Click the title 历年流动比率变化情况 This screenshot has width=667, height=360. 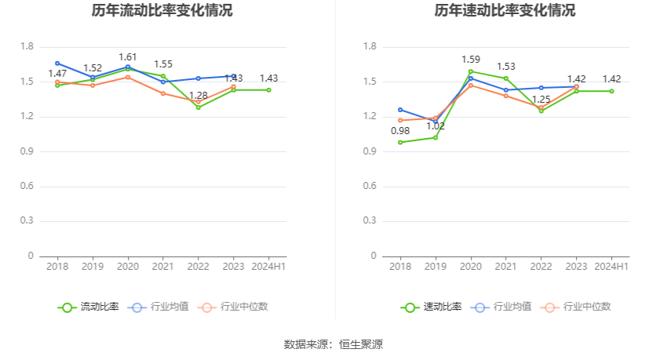pos(162,11)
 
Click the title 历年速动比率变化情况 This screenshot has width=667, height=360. pos(505,11)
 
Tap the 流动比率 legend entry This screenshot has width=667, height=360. pos(90,307)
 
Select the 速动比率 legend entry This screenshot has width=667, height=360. pos(433,307)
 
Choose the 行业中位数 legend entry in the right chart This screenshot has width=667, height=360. pos(579,307)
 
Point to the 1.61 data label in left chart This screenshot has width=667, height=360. pos(128,57)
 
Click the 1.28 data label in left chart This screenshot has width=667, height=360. pos(199,96)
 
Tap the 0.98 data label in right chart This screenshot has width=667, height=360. pos(400,131)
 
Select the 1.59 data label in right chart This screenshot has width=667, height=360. pos(471,60)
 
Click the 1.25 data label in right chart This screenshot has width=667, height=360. pos(541,100)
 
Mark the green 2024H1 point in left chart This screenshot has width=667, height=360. pos(268,90)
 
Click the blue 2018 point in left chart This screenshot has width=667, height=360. pos(57,63)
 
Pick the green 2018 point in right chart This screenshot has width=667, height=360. pos(400,142)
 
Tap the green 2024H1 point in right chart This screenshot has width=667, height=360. pos(611,91)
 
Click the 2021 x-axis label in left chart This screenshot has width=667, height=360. pos(163,267)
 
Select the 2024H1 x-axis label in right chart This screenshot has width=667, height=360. pos(611,267)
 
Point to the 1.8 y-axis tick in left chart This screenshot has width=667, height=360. pos(27,47)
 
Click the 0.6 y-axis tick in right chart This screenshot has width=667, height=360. pos(370,187)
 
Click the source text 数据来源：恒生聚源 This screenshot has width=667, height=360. pos(333,344)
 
